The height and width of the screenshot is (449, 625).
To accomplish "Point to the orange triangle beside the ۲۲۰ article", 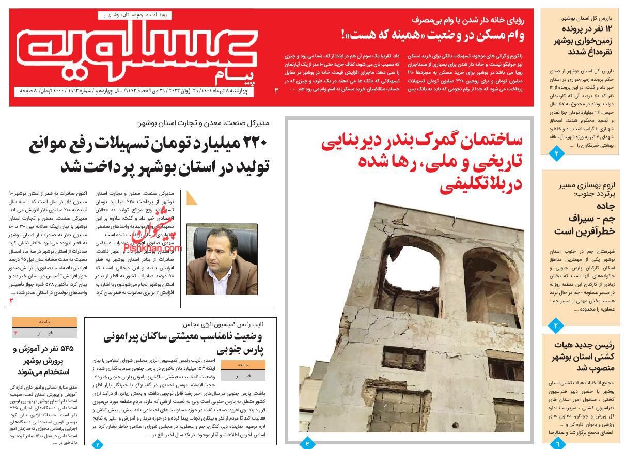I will coord(192,197).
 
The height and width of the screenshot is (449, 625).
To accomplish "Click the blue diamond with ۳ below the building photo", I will coord(307,443).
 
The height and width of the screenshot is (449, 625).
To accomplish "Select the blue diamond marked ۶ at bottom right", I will coord(557,443).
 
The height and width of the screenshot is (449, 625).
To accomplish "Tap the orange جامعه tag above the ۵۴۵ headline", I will coord(44,322).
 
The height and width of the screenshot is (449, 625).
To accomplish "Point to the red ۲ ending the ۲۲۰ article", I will coord(11,301).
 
